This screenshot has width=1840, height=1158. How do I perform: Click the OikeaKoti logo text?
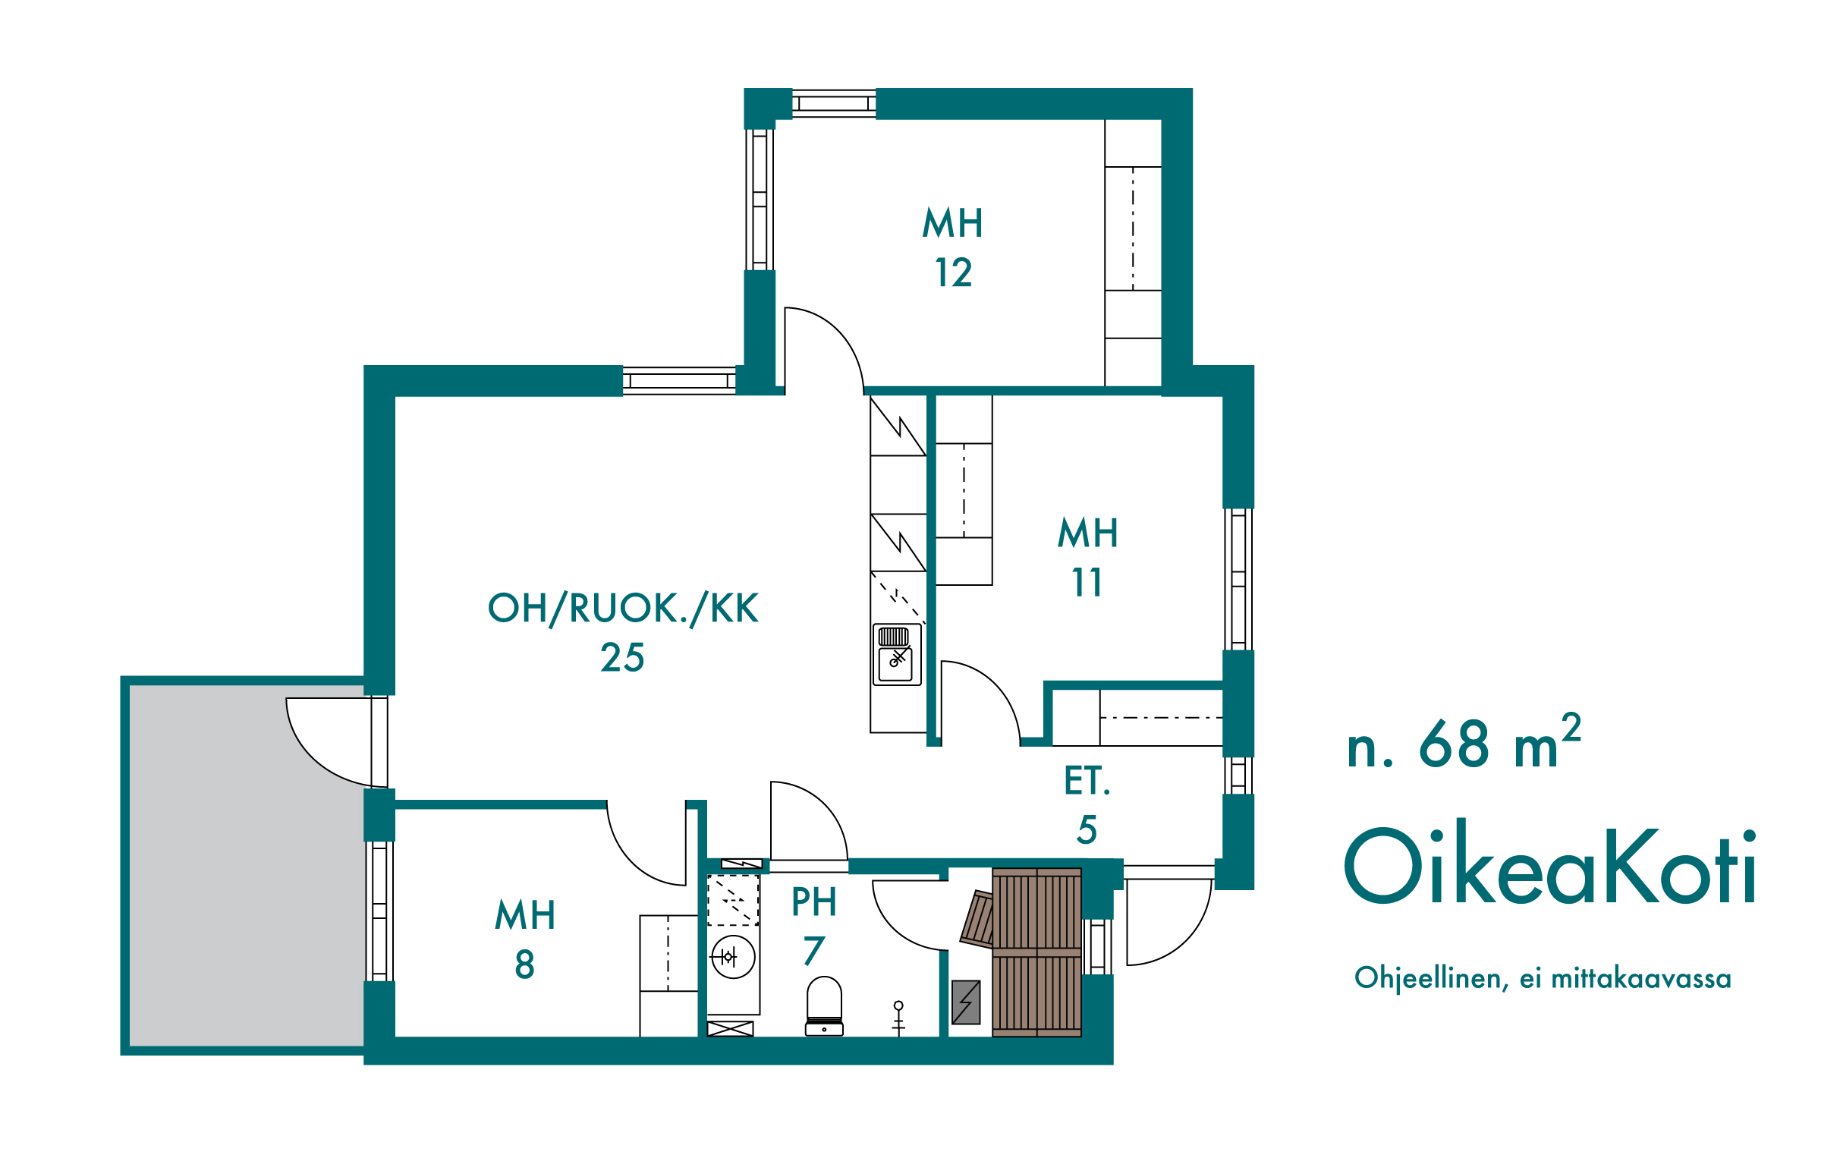pyautogui.click(x=1549, y=867)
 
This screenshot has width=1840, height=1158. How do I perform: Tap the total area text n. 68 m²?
pyautogui.click(x=1464, y=741)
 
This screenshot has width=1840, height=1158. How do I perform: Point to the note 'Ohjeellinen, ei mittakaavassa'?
pyautogui.click(x=1543, y=978)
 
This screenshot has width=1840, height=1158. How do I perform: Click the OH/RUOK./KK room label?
pyautogui.click(x=623, y=609)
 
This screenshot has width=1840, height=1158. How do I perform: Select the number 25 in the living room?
pyautogui.click(x=622, y=657)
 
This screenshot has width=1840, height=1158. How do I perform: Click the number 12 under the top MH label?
pyautogui.click(x=954, y=273)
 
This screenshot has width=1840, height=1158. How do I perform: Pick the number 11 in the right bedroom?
pyautogui.click(x=1087, y=583)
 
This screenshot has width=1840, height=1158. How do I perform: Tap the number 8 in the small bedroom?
pyautogui.click(x=524, y=964)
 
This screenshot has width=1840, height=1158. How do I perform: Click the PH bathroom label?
pyautogui.click(x=814, y=902)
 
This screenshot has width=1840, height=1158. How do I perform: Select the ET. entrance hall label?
pyautogui.click(x=1087, y=781)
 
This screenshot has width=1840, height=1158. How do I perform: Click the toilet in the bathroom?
pyautogui.click(x=824, y=1006)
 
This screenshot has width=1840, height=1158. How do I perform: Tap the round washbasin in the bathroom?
pyautogui.click(x=733, y=956)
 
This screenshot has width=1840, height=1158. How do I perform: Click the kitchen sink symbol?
pyautogui.click(x=896, y=654)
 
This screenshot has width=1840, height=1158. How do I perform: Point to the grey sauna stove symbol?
pyautogui.click(x=966, y=1002)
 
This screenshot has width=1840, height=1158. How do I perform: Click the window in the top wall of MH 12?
pyautogui.click(x=834, y=103)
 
